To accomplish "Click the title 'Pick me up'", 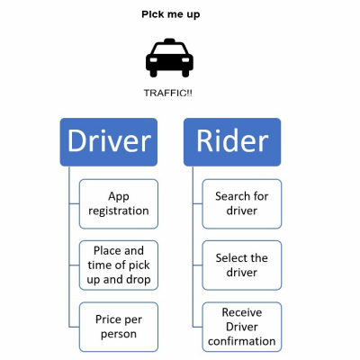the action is pyautogui.click(x=171, y=14).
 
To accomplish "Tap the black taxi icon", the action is pyautogui.click(x=169, y=58).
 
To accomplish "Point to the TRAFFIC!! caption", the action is pyautogui.click(x=168, y=93).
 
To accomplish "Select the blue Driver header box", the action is pyautogui.click(x=109, y=142).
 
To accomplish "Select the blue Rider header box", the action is pyautogui.click(x=232, y=142).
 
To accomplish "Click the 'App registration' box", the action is pyautogui.click(x=119, y=204).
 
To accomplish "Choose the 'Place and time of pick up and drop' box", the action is pyautogui.click(x=119, y=265).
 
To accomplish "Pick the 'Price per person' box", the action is pyautogui.click(x=119, y=327).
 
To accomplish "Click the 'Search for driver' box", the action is pyautogui.click(x=242, y=204).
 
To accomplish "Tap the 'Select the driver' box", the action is pyautogui.click(x=242, y=265).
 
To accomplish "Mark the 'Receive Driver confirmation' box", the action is pyautogui.click(x=242, y=327).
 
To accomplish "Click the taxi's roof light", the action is pyautogui.click(x=169, y=40).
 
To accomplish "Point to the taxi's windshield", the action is pyautogui.click(x=169, y=49).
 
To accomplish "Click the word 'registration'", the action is pyautogui.click(x=119, y=211).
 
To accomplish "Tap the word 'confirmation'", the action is pyautogui.click(x=242, y=341).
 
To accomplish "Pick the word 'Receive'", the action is pyautogui.click(x=242, y=312).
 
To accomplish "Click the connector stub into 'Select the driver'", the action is pyautogui.click(x=197, y=265).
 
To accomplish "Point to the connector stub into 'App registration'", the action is pyautogui.click(x=74, y=204).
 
